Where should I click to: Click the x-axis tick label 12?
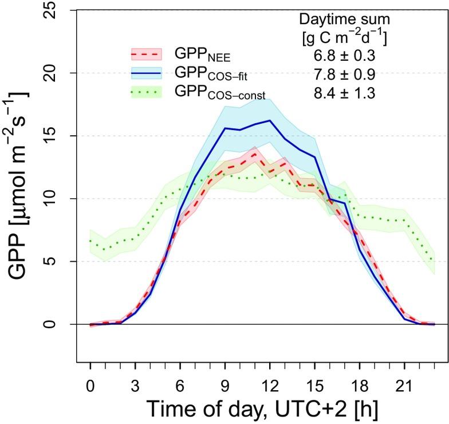(x=270, y=380)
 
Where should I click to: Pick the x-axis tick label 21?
(x=404, y=380)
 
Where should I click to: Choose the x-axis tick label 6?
(x=180, y=380)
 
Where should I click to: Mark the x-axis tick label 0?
(x=90, y=380)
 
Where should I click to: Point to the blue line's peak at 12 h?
(x=270, y=120)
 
